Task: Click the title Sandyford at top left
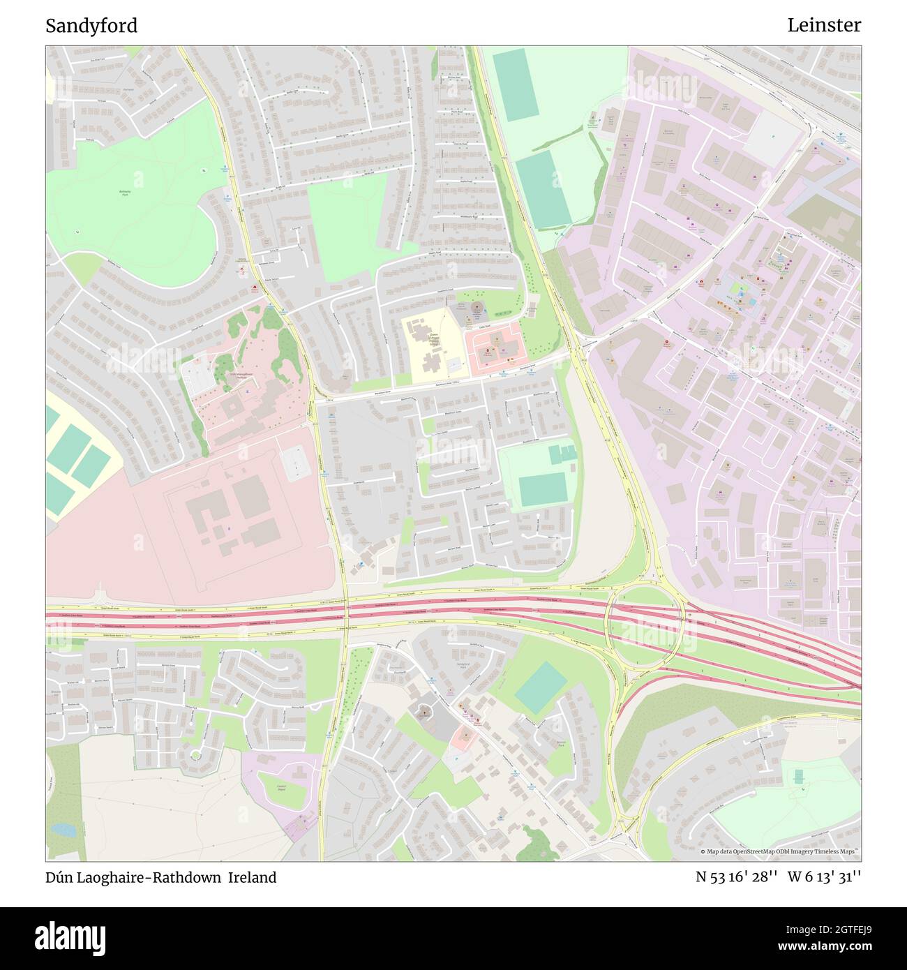coord(91,26)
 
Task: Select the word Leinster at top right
coord(824,25)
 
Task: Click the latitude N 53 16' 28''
coord(736,877)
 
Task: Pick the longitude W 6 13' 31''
coord(824,877)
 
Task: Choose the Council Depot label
coord(282,787)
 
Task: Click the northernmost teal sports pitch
coord(515,85)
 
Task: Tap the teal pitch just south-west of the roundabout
coord(541,687)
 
